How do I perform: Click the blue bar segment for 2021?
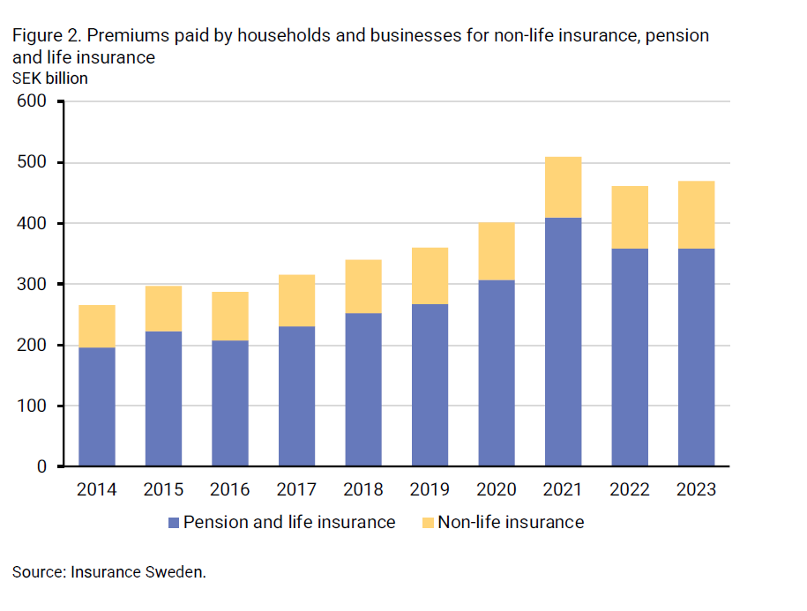(563, 342)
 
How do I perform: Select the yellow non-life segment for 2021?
(563, 187)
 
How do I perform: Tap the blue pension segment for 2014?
(97, 406)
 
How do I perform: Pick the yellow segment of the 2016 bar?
(230, 316)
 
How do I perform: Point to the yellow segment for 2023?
(696, 214)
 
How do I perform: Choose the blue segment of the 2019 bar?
(430, 384)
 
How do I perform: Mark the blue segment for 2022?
(630, 357)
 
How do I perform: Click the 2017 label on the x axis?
(296, 489)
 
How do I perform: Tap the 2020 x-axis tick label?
(496, 489)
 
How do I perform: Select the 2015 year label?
(163, 489)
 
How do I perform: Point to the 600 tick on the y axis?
(32, 102)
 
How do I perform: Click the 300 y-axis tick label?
(32, 285)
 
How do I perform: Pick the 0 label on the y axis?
(41, 466)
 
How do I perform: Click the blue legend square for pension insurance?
(174, 523)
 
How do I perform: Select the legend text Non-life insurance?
(511, 522)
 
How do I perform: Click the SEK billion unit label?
(50, 78)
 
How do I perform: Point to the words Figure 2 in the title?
(47, 36)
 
